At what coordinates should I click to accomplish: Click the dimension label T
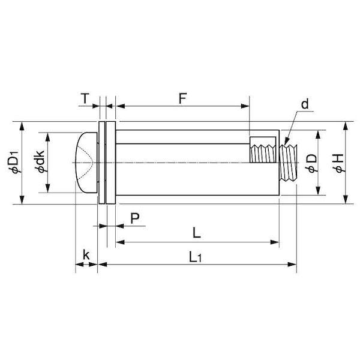[x=85, y=99]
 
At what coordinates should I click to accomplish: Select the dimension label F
[x=182, y=98]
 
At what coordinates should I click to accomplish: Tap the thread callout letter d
[x=305, y=104]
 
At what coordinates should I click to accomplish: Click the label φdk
[x=40, y=161]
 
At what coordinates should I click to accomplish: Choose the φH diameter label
[x=338, y=163]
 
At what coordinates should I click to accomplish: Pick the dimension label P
[x=135, y=218]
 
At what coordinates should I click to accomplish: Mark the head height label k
[x=86, y=254]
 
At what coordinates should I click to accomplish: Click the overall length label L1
[x=196, y=257]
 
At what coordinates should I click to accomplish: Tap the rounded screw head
[x=86, y=163]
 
